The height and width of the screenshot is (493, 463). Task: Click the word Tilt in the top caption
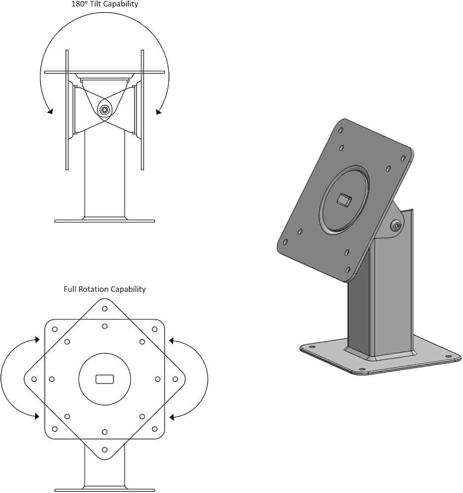[96, 4]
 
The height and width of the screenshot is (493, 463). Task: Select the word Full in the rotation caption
[70, 289]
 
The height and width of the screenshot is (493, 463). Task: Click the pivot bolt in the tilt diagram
[104, 110]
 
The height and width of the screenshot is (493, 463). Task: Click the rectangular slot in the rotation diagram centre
[105, 379]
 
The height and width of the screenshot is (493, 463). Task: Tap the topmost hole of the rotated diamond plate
[105, 309]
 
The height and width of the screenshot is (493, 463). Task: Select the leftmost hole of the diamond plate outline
[34, 379]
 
